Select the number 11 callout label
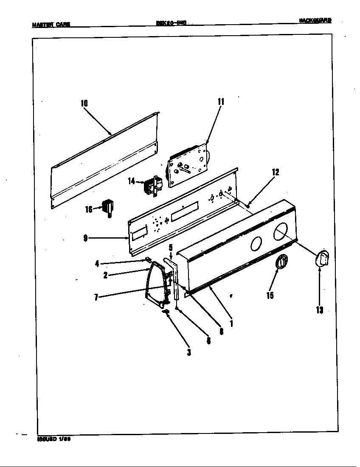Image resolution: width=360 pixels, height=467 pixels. (x=221, y=101)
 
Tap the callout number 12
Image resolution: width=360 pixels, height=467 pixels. (x=276, y=172)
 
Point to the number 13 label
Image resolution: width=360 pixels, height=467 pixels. (x=319, y=310)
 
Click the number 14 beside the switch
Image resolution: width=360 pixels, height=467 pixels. (x=131, y=181)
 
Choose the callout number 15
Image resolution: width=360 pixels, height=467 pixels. (x=270, y=295)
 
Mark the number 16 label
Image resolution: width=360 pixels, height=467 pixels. (x=89, y=209)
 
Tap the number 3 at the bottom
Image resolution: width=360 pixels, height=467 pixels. (x=189, y=352)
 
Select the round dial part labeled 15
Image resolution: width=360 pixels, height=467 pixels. (x=281, y=262)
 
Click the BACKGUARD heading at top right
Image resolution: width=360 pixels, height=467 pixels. (x=315, y=20)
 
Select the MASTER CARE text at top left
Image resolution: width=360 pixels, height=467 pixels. (x=51, y=24)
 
